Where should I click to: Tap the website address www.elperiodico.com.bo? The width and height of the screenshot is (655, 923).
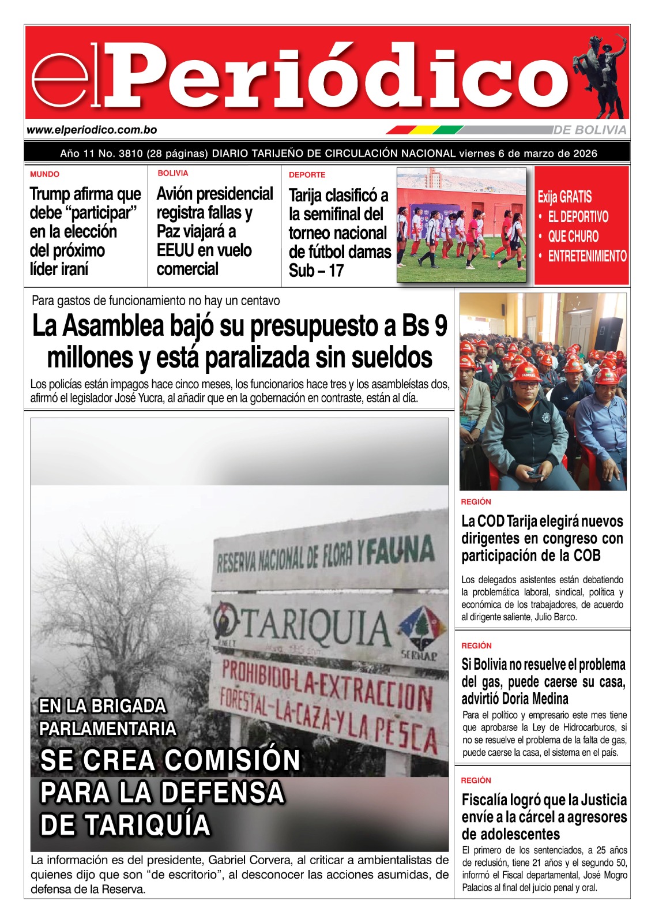click(92, 130)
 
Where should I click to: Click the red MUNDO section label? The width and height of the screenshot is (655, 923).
click(44, 174)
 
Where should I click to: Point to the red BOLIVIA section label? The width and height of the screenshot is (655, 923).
click(172, 173)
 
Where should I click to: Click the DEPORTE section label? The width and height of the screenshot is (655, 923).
click(307, 175)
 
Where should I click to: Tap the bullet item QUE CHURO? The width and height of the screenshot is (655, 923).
click(573, 237)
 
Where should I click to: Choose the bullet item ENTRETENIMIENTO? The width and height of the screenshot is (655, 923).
click(586, 256)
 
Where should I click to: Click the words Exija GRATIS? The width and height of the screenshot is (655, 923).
click(564, 197)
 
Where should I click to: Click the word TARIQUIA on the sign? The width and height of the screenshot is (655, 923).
click(316, 626)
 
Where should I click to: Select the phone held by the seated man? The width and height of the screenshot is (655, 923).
click(536, 476)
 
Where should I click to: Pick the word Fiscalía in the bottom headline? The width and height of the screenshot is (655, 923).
click(487, 800)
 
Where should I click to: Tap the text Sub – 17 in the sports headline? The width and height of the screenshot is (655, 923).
click(316, 271)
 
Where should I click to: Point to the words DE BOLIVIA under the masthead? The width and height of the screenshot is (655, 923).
click(589, 130)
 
